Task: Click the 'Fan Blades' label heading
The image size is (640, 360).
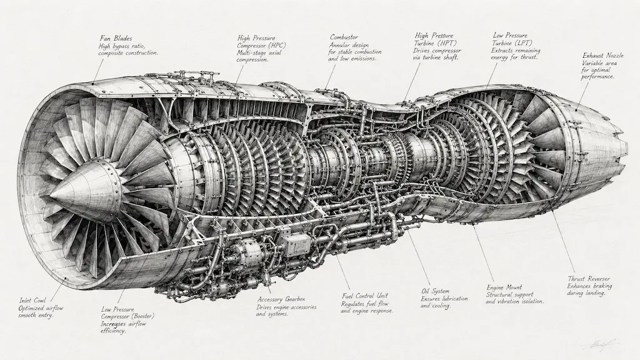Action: point(116,39)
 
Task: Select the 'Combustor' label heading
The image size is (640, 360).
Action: point(344,37)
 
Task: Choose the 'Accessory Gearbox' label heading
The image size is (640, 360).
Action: point(281,299)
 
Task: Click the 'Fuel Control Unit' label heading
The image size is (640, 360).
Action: point(364,296)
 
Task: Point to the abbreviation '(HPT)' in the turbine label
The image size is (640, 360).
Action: point(447,43)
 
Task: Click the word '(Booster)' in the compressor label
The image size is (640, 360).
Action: point(142,316)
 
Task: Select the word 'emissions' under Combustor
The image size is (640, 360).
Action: point(362,59)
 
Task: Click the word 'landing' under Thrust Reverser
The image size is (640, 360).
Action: point(595,294)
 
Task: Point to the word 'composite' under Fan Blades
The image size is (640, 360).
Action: point(111,54)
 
